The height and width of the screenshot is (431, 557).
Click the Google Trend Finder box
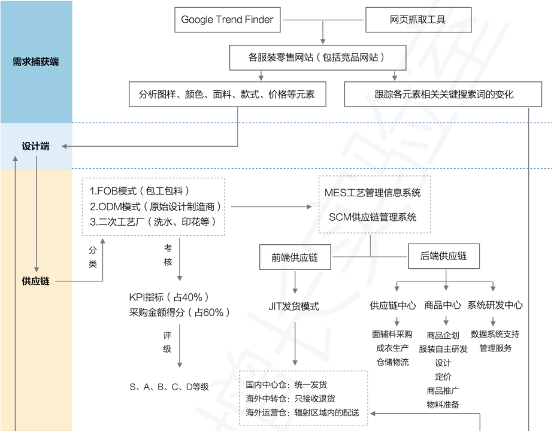pyautogui.click(x=227, y=20)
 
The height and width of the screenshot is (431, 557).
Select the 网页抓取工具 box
pyautogui.click(x=417, y=20)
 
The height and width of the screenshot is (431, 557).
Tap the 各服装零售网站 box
pyautogui.click(x=317, y=58)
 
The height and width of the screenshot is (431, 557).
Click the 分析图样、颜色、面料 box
pyautogui.click(x=228, y=94)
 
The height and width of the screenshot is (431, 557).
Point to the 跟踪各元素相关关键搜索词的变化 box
pyautogui.click(x=443, y=94)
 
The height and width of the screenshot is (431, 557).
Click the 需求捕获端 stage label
pyautogui.click(x=36, y=62)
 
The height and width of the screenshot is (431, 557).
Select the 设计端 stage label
pyautogui.click(x=36, y=146)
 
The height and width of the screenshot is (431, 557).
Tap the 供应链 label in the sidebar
pyautogui.click(x=36, y=280)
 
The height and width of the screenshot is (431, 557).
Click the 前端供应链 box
pyautogui.click(x=294, y=257)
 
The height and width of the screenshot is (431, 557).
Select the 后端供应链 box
pyautogui.click(x=444, y=256)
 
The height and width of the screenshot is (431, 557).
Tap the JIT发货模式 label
pyautogui.click(x=293, y=306)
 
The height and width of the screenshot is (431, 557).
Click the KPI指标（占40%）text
pyautogui.click(x=169, y=297)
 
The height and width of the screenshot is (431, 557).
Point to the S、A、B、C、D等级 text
pyautogui.click(x=169, y=387)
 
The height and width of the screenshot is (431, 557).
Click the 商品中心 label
pyautogui.click(x=443, y=305)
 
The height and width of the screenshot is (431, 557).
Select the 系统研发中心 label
pyautogui.click(x=495, y=305)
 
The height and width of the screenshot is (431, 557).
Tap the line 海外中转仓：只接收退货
pyautogui.click(x=290, y=399)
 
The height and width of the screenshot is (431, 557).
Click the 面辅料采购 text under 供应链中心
pyautogui.click(x=392, y=334)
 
